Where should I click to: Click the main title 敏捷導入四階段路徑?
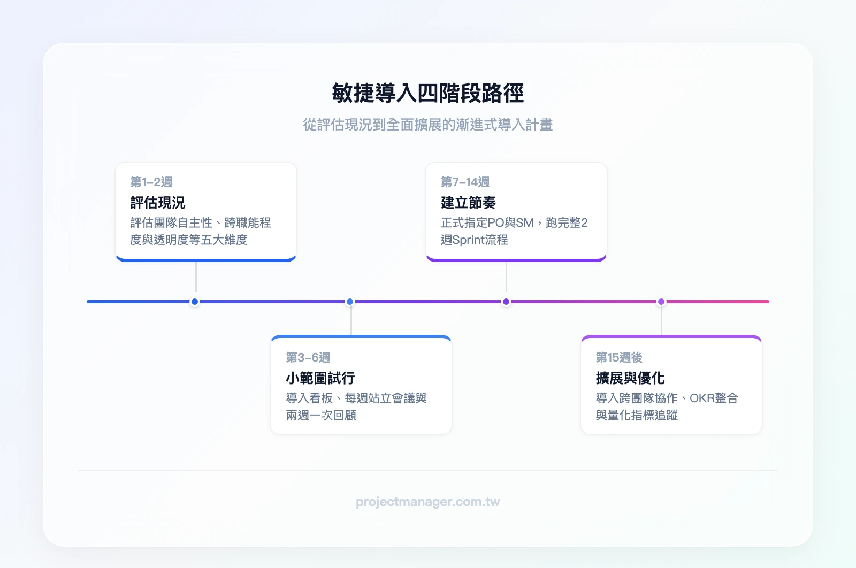click(x=427, y=94)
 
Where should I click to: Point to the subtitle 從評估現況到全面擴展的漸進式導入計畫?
click(x=427, y=125)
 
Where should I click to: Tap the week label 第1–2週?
click(x=151, y=182)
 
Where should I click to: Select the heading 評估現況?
click(x=158, y=203)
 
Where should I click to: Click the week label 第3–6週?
click(x=308, y=357)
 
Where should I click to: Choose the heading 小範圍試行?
click(x=320, y=378)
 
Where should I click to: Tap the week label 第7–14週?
click(x=465, y=182)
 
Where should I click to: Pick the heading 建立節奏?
click(x=468, y=203)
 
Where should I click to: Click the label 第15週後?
click(x=619, y=357)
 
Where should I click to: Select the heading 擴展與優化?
click(x=630, y=378)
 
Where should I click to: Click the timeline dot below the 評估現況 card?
click(x=195, y=302)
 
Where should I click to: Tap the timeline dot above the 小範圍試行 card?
click(x=350, y=302)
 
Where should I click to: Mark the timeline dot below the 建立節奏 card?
click(x=506, y=302)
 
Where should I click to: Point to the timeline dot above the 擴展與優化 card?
click(x=661, y=302)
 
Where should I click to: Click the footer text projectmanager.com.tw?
click(x=427, y=502)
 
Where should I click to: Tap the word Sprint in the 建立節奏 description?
click(x=468, y=240)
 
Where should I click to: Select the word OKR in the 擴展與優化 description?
click(x=702, y=398)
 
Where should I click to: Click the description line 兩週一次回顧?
click(x=321, y=416)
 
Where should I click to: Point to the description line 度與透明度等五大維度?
click(x=189, y=240)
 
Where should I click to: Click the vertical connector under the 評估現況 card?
click(x=196, y=277)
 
